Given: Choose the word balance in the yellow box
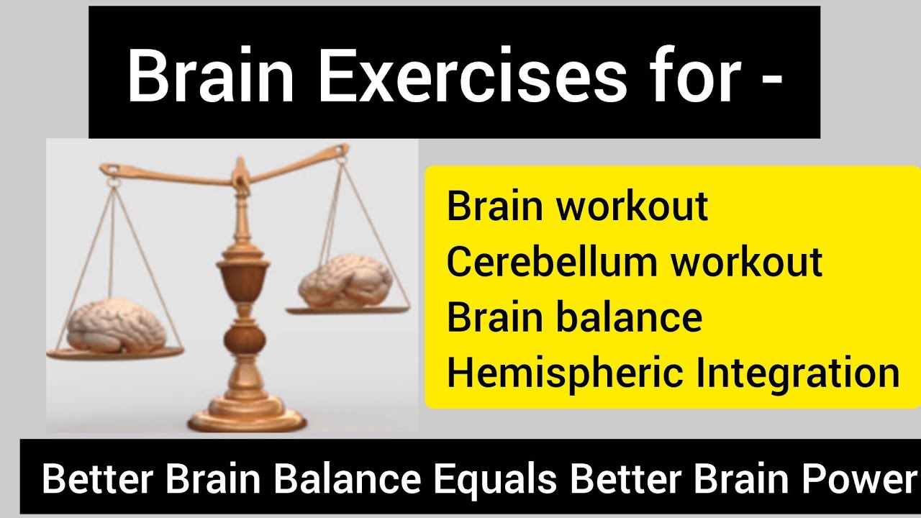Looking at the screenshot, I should (638, 318).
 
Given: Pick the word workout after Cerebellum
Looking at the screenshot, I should (748, 262).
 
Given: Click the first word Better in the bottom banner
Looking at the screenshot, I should (96, 480).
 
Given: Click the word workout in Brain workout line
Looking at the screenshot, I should (632, 206).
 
